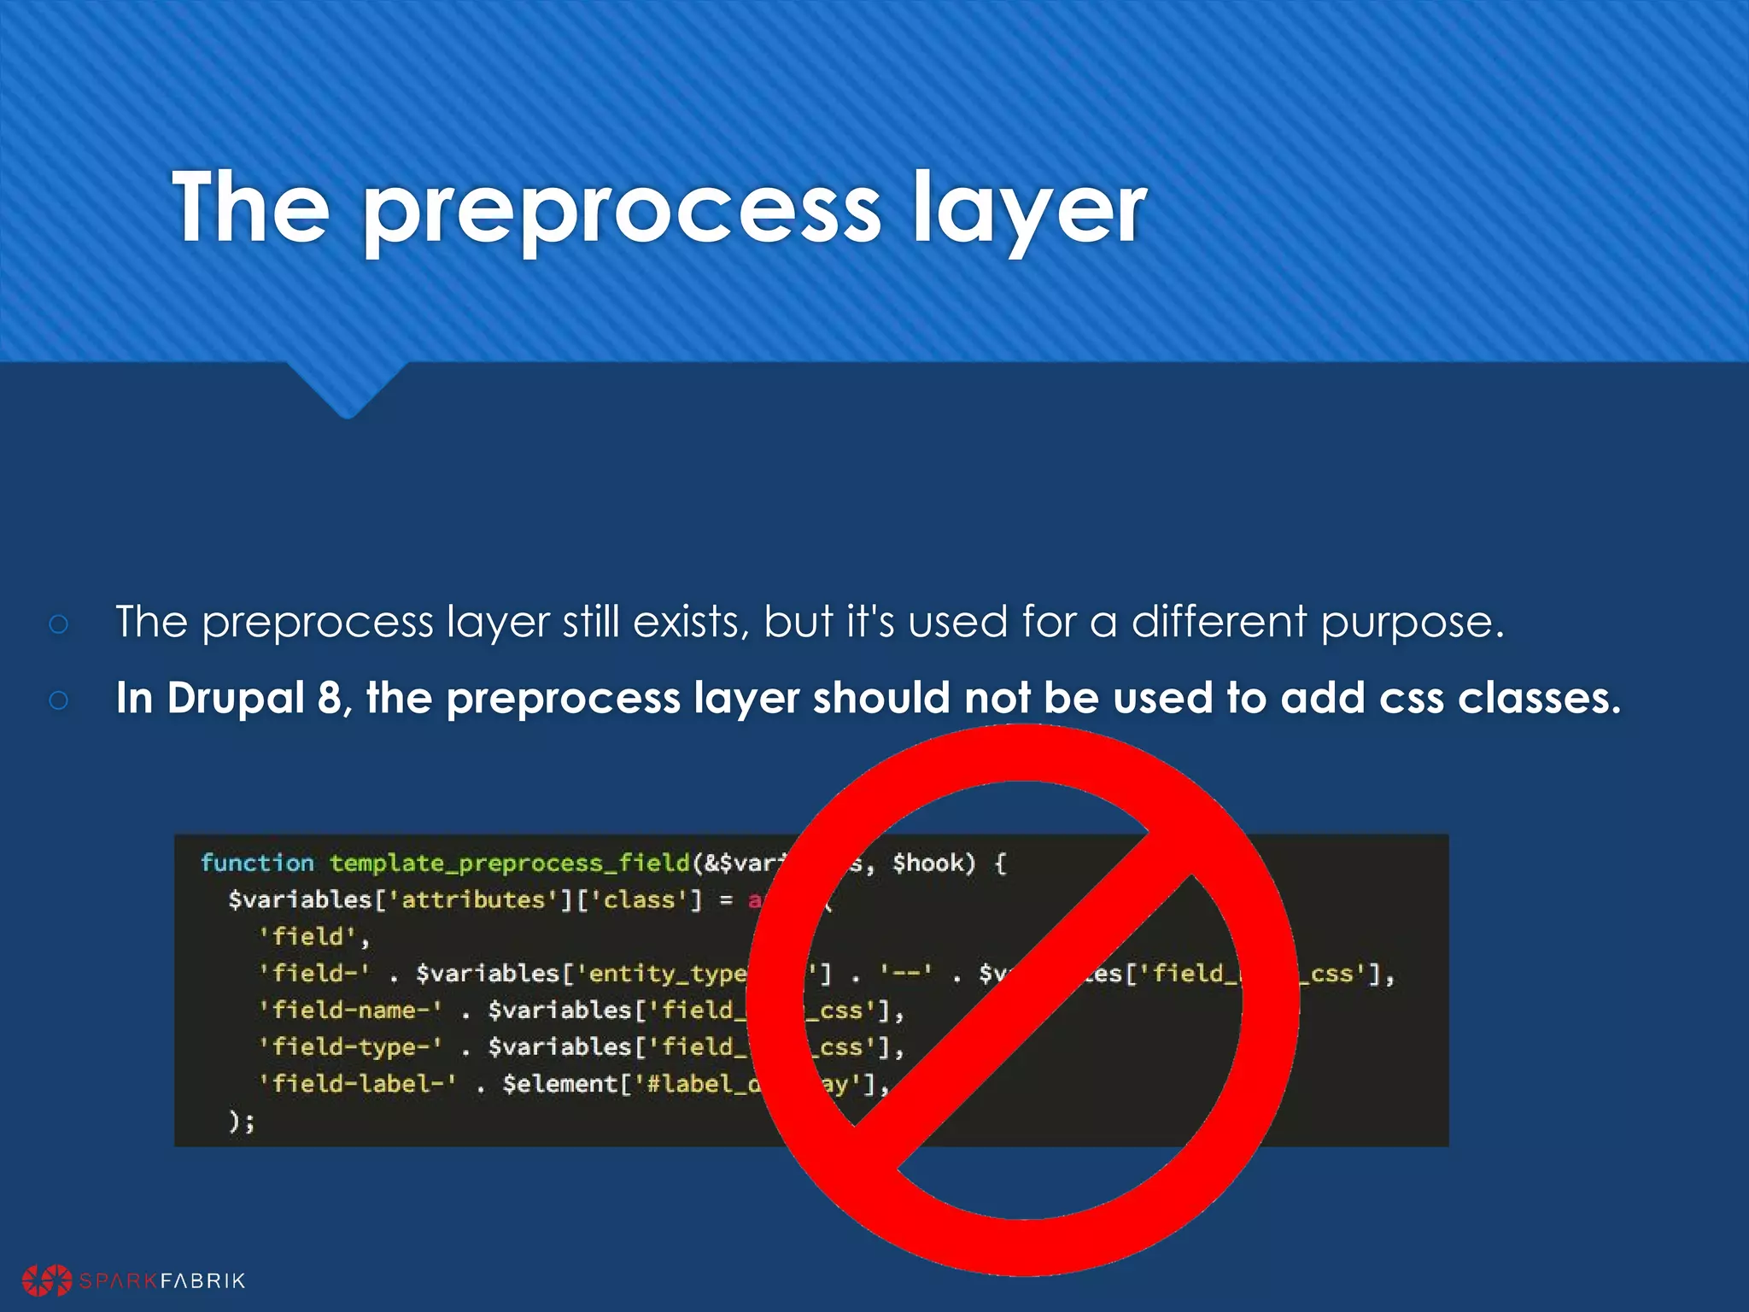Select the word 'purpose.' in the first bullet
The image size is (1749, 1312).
click(1412, 622)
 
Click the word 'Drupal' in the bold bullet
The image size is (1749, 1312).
click(236, 699)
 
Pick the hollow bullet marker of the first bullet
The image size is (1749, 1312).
click(59, 624)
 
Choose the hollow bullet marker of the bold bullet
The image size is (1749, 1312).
click(59, 700)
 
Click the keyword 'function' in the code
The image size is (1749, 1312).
click(257, 863)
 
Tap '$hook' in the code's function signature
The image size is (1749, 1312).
click(933, 863)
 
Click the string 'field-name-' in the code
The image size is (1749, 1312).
click(350, 1010)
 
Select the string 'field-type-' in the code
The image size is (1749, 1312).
click(350, 1047)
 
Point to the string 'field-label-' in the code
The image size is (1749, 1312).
click(357, 1084)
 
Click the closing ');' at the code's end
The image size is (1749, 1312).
click(242, 1121)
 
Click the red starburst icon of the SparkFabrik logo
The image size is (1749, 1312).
click(47, 1280)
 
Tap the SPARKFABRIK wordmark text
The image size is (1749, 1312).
click(162, 1280)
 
